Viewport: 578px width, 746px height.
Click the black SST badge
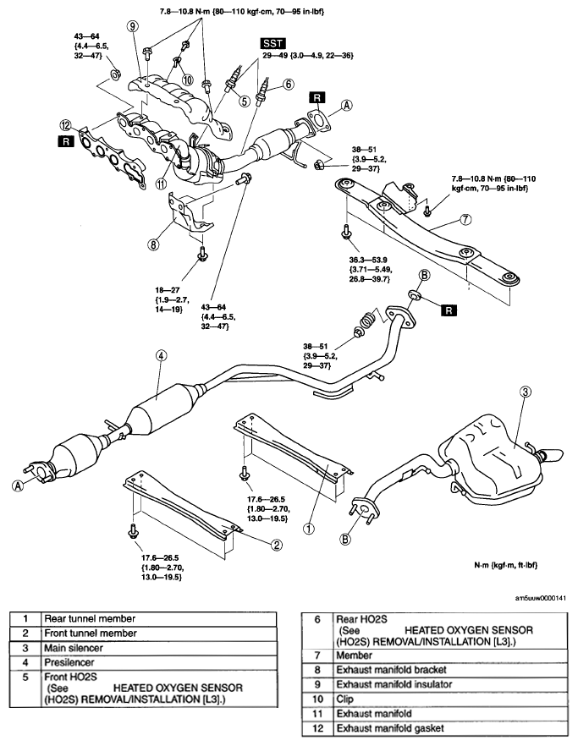coord(273,44)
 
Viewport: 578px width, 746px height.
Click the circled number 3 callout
coord(526,392)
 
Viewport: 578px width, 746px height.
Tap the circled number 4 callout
coord(162,355)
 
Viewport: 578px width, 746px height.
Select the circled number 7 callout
coord(465,219)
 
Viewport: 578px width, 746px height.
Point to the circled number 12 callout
coord(66,125)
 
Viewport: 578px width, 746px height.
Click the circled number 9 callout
coord(134,27)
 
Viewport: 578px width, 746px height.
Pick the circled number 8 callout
coord(153,244)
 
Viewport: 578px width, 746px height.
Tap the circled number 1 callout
coord(309,528)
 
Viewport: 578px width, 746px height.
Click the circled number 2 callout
coord(277,545)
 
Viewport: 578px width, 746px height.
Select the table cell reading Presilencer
coord(158,662)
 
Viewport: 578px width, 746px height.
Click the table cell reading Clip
coord(450,699)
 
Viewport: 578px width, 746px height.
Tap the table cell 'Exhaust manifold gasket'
coord(450,728)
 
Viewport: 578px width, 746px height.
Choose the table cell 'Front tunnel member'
coord(158,634)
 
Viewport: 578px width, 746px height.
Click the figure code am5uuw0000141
coord(541,598)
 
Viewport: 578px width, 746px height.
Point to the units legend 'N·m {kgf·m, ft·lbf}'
coord(505,565)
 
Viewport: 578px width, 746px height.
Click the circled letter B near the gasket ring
coord(424,275)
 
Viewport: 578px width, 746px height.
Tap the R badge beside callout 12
coord(66,141)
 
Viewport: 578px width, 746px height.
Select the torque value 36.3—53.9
coord(368,260)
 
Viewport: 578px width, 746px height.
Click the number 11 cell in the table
coord(317,714)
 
